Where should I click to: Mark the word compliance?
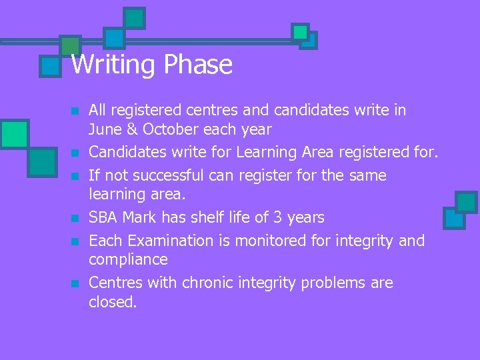[x=129, y=260]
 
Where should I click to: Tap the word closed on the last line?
[x=113, y=302]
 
